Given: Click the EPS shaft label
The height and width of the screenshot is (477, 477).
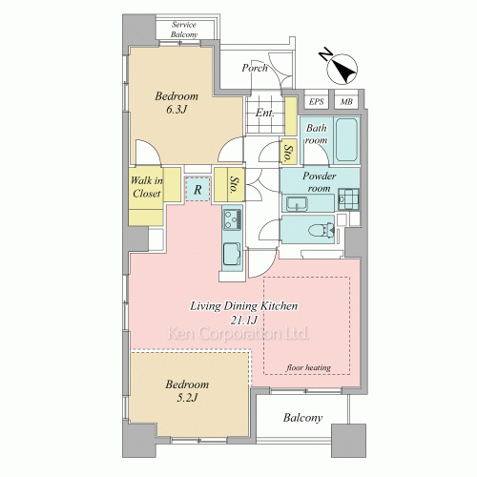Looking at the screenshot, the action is [317, 102].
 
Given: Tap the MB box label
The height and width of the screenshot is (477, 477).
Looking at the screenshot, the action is [346, 102].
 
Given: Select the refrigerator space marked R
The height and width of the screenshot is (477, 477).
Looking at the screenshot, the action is [197, 189].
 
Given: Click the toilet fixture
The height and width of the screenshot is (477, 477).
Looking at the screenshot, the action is [321, 230].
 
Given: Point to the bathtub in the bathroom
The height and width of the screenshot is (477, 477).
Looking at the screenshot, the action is [346, 139].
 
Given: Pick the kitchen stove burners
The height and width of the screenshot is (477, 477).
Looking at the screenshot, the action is [233, 219].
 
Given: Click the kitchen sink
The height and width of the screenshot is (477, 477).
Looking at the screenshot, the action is [232, 254].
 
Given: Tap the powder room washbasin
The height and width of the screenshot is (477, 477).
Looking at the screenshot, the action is [297, 204].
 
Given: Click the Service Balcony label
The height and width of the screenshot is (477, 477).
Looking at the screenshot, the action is [184, 30].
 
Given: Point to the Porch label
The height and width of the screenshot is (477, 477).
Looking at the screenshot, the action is [255, 68].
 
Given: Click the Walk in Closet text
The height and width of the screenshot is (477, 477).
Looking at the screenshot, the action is [147, 187].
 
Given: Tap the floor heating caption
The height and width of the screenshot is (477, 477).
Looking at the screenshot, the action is [309, 368].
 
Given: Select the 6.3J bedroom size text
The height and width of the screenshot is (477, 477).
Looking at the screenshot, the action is [176, 110].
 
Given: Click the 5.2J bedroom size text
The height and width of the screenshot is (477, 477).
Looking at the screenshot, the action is [187, 398].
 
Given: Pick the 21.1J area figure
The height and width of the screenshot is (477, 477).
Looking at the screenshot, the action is [243, 321].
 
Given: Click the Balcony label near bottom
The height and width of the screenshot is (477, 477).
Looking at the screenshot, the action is [302, 418].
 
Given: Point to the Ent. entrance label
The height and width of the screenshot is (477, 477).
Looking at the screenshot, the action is [264, 113].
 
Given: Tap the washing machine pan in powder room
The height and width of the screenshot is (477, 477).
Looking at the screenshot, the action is [348, 198].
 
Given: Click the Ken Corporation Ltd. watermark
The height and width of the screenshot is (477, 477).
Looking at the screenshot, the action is [238, 334].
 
